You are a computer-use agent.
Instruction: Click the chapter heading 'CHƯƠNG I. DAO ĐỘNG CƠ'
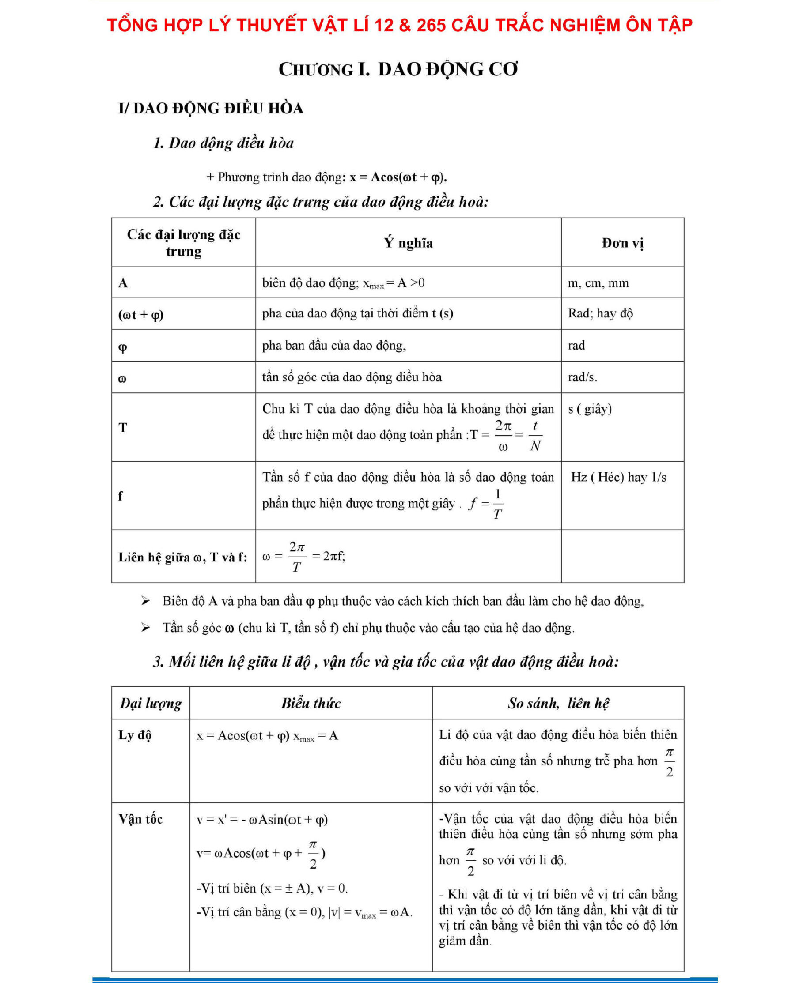click(398, 69)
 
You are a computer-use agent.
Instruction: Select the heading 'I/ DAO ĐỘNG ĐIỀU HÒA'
click(211, 109)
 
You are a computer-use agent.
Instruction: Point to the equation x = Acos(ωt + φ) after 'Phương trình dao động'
click(398, 177)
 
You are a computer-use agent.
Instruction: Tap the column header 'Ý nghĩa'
click(408, 243)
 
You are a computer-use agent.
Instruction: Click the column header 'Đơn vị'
click(622, 243)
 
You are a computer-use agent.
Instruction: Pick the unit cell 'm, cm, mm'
click(598, 283)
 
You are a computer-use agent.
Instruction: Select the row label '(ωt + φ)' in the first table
click(141, 315)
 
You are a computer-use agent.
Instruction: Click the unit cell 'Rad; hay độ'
click(600, 314)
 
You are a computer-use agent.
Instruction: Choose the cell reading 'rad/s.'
click(582, 377)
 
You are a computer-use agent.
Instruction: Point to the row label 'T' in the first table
click(123, 427)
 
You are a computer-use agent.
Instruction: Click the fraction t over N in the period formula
click(535, 436)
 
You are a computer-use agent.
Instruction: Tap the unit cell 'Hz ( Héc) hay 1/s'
click(619, 477)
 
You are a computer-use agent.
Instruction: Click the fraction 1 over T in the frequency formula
click(497, 504)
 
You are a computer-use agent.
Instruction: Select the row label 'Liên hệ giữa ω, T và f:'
click(183, 557)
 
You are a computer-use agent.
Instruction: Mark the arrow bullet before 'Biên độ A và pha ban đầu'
click(145, 601)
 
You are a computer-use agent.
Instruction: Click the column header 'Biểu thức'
click(311, 703)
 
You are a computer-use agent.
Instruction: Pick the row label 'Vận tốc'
click(140, 819)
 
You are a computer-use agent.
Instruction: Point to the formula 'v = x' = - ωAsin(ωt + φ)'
click(262, 820)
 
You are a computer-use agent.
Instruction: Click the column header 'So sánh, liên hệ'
click(558, 703)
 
